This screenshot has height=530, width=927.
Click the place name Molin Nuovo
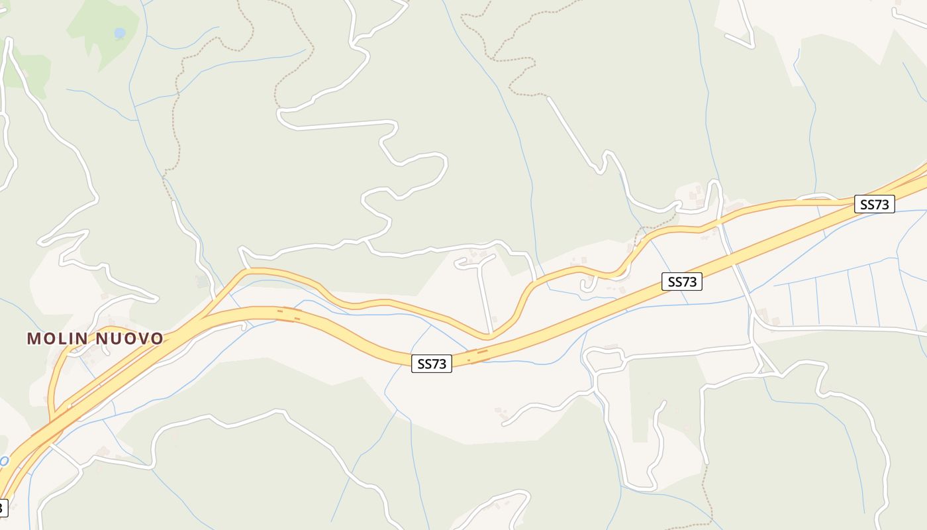pyautogui.click(x=95, y=339)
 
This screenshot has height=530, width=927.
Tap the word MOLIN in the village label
pyautogui.click(x=57, y=339)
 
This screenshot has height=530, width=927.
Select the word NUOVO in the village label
pyautogui.click(x=130, y=339)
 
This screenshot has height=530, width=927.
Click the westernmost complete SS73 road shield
pyautogui.click(x=432, y=364)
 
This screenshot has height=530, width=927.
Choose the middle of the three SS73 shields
pyautogui.click(x=682, y=282)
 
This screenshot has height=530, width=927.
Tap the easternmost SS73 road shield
pyautogui.click(x=875, y=205)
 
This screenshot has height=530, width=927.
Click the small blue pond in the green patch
pyautogui.click(x=119, y=32)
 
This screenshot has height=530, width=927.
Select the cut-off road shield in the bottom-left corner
pyautogui.click(x=3, y=508)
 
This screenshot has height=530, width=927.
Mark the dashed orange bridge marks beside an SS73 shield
pyautogui.click(x=478, y=356)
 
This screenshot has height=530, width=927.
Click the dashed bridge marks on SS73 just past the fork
pyautogui.click(x=288, y=314)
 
